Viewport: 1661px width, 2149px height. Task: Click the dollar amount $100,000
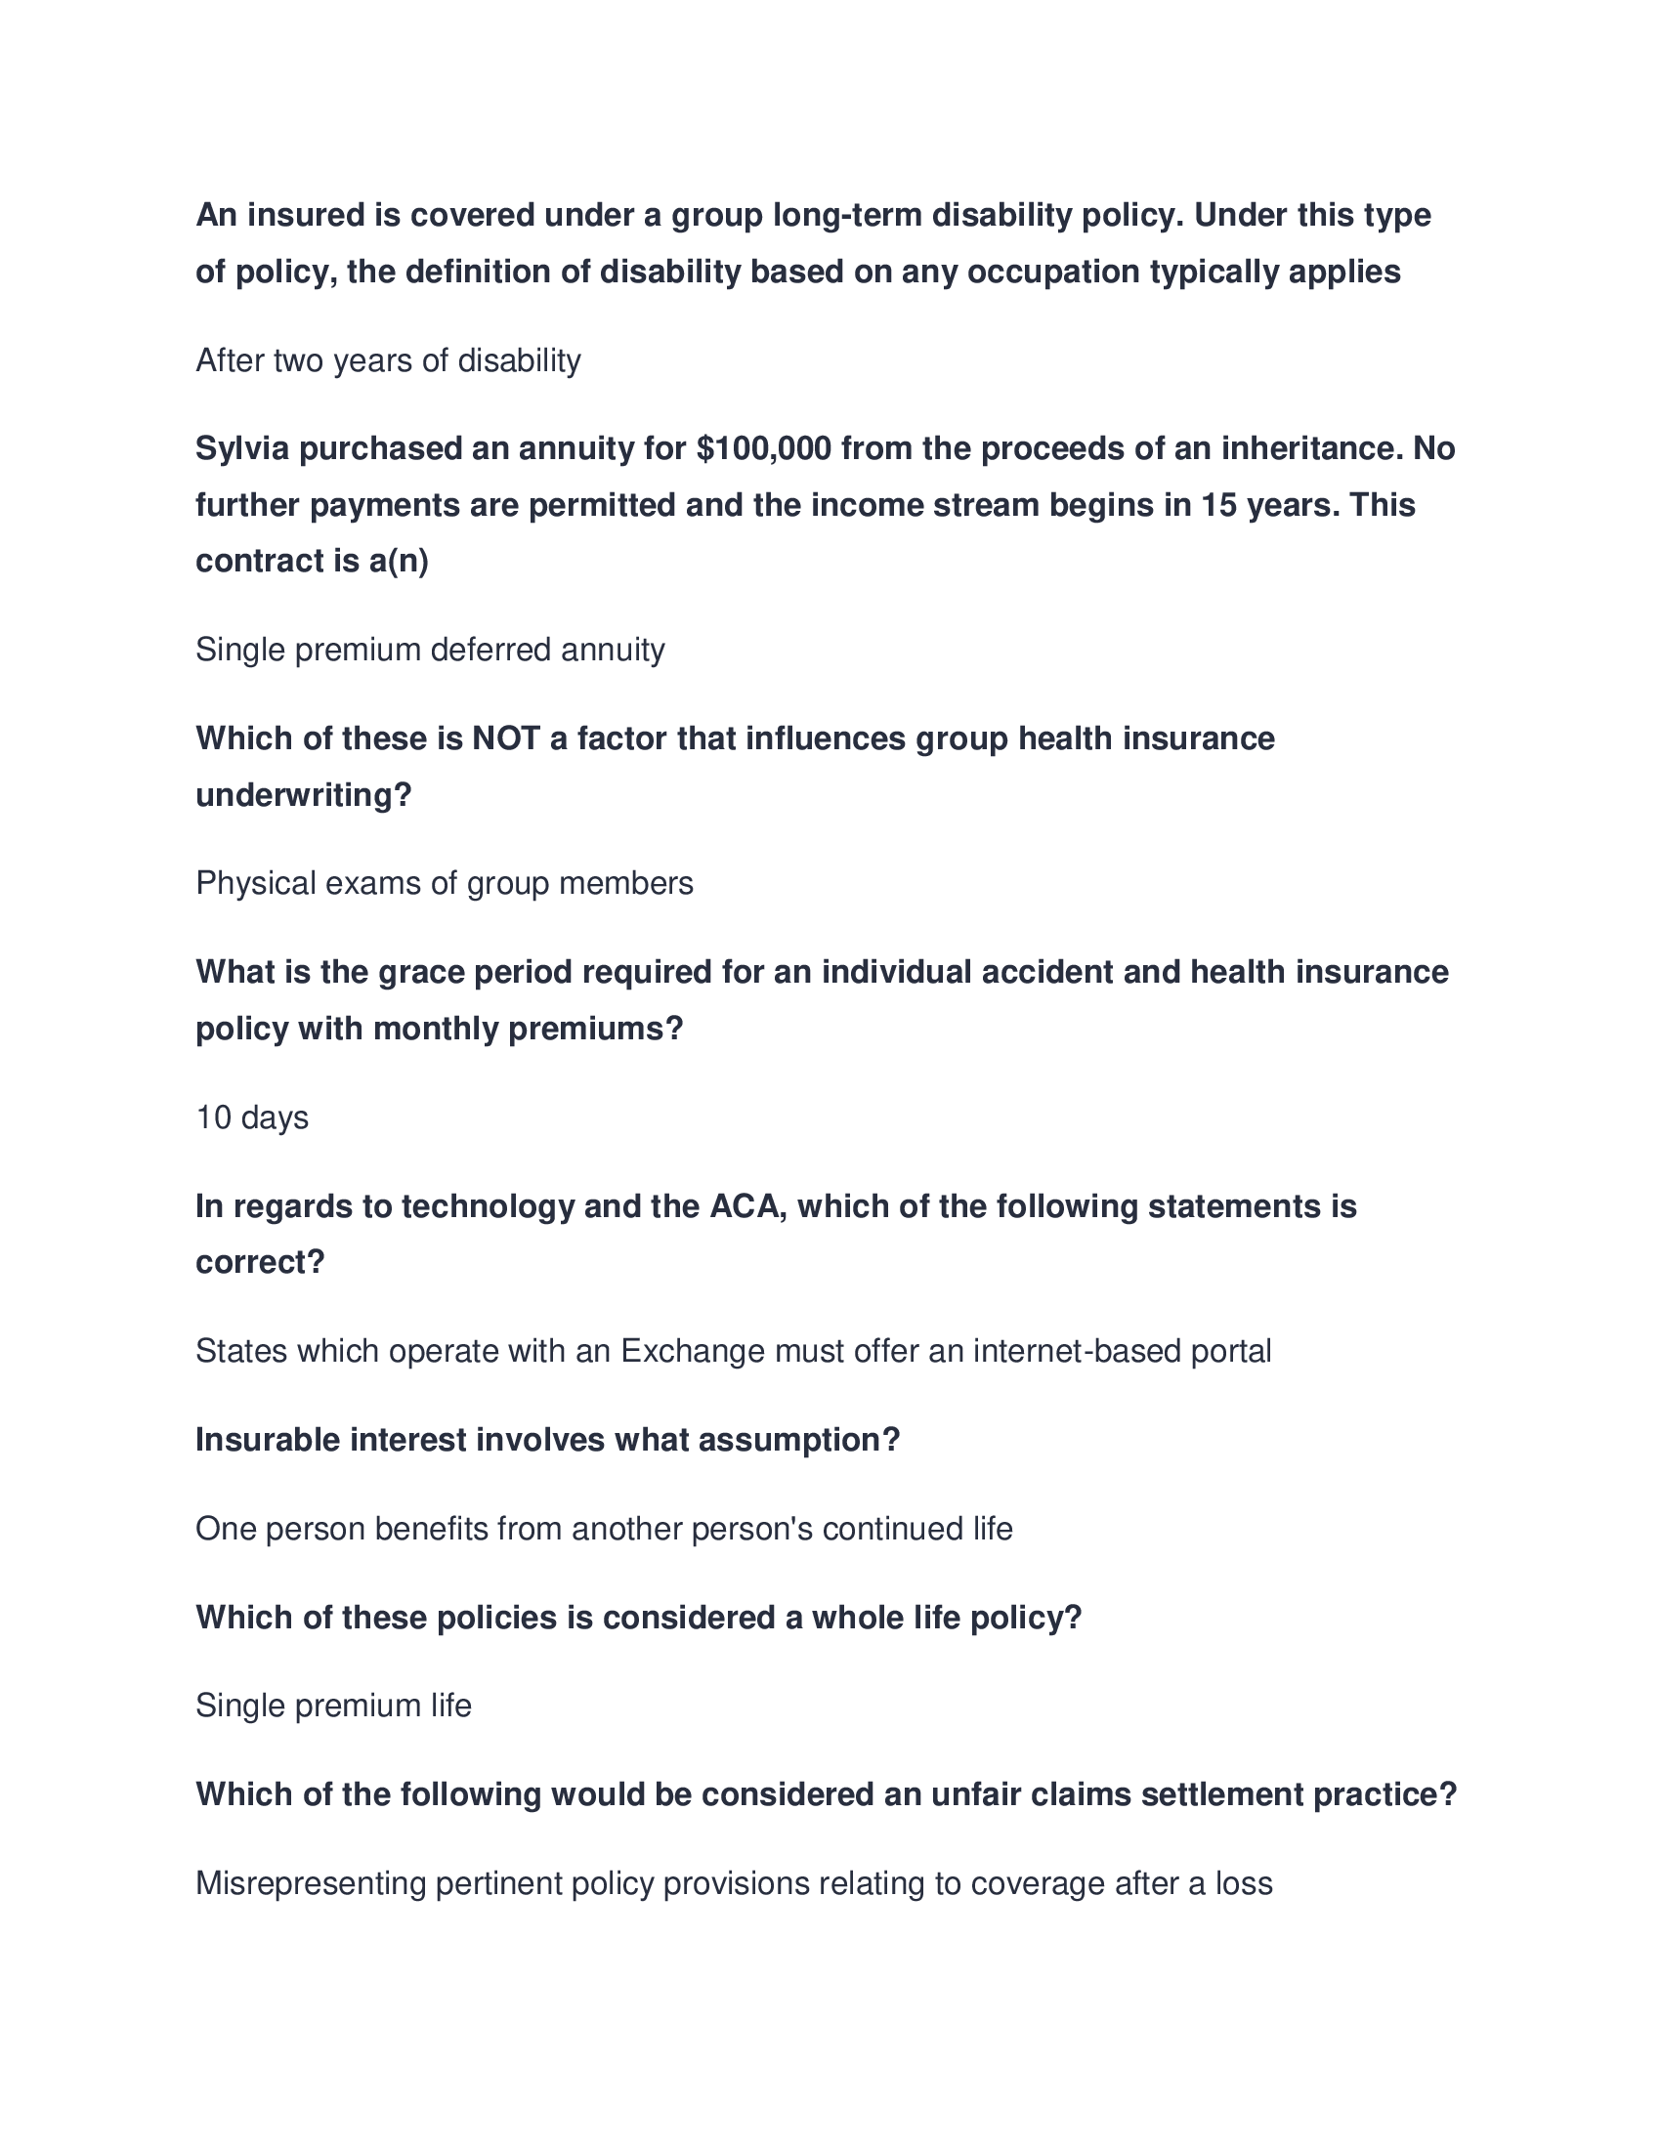coord(763,448)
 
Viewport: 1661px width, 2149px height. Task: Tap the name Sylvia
coord(242,448)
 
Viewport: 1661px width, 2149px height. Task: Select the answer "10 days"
coord(252,1117)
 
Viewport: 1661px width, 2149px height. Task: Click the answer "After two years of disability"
coord(388,361)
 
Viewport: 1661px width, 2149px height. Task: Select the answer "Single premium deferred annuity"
coord(430,650)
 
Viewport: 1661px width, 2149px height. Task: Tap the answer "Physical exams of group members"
coord(444,884)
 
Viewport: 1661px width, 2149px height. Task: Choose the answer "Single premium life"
coord(333,1706)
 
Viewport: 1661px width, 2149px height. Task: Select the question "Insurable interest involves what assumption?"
coord(547,1440)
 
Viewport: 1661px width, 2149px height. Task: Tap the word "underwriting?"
coord(303,795)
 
